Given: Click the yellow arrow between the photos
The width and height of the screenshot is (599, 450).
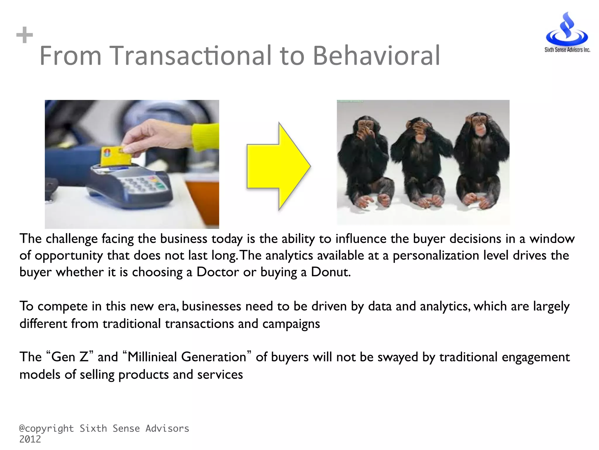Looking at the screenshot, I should coord(278,166).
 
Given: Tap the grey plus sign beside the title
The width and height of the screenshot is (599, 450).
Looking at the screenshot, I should coord(25,35).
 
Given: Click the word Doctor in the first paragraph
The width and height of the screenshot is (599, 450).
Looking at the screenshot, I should coord(218,272).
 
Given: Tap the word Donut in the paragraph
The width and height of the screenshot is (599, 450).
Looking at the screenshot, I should coord(330,272).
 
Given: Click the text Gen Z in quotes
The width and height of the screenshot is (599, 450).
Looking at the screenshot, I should coord(70,357).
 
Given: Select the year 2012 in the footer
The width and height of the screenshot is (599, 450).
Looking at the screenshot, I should coord(30,439).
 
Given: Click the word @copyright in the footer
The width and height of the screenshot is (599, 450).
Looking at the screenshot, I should coord(46,429).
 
